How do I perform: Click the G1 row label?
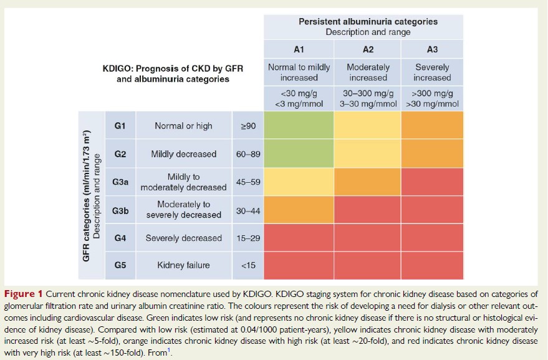[x=120, y=126]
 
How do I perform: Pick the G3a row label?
[x=120, y=182]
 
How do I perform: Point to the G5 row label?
[x=120, y=265]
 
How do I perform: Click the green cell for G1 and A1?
[x=299, y=126]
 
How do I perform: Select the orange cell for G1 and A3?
[x=431, y=126]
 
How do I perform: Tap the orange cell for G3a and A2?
[x=368, y=182]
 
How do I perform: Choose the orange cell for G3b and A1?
[x=299, y=210]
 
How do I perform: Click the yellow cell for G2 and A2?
[x=368, y=154]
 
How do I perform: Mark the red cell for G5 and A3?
[x=431, y=265]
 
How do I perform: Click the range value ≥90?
[x=248, y=126]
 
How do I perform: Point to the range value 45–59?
[x=248, y=182]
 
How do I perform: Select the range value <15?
[x=248, y=265]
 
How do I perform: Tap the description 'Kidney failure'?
[x=183, y=265]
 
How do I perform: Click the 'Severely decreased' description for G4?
[x=183, y=238]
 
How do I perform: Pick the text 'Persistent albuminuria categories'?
[x=368, y=21]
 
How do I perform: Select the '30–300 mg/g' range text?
[x=368, y=93]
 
